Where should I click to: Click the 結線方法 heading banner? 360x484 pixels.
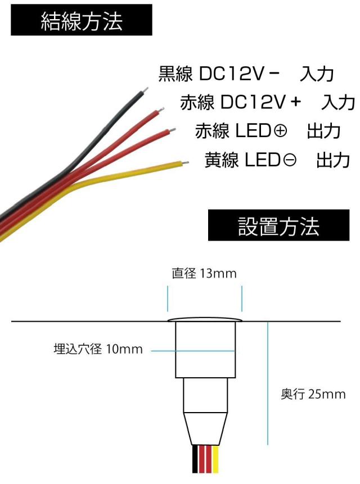(x=82, y=21)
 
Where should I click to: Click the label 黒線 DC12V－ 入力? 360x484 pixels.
(x=246, y=74)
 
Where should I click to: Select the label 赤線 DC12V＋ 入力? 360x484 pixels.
(x=267, y=102)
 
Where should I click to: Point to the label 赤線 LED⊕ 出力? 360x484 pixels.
(x=268, y=131)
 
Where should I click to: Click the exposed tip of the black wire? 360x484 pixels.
(x=146, y=89)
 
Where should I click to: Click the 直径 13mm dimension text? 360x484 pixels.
(x=204, y=274)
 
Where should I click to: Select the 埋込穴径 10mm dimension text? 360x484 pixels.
(x=98, y=350)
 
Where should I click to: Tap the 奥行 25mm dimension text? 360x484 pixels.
(x=313, y=394)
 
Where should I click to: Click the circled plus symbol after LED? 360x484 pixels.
(x=280, y=132)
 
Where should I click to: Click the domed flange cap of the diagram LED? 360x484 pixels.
(x=205, y=320)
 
